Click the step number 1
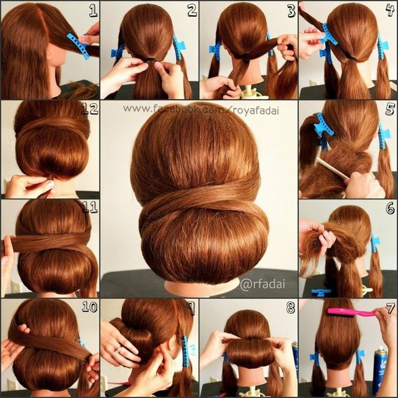tap(93, 9)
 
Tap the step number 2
tap(192, 9)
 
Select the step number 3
tap(291, 9)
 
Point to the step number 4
tap(390, 9)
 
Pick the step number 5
tap(390, 109)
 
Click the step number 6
tap(390, 208)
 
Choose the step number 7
tap(390, 308)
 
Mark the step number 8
tap(290, 308)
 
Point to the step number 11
tap(90, 207)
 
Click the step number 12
tap(90, 109)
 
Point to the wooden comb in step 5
tap(332, 168)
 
